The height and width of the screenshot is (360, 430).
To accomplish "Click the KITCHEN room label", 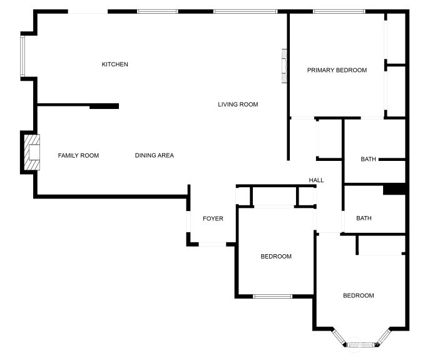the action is (115, 64).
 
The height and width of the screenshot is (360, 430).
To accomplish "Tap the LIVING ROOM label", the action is (238, 105).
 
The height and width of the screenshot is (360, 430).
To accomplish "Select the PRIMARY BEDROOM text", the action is (337, 70).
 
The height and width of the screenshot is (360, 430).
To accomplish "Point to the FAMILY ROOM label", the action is (78, 155).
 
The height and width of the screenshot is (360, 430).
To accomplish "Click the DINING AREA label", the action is (155, 155).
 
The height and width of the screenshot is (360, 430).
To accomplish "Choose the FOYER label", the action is (213, 219).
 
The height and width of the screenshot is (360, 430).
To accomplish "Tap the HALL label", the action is (316, 180).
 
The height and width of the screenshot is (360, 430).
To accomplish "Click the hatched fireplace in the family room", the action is (32, 152).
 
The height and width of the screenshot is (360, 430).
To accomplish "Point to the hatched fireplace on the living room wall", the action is (284, 66).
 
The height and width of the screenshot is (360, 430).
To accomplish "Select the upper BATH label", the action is (368, 159).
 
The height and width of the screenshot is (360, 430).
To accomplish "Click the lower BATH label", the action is (364, 218).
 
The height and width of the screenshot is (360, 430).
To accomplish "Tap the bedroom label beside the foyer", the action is (276, 256).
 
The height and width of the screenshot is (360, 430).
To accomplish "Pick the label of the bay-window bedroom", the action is (359, 296).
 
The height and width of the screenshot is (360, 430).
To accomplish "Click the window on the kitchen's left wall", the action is (23, 56).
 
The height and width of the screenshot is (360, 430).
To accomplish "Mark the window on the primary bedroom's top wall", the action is (339, 11).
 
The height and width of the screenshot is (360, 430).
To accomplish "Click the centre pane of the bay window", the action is (361, 344).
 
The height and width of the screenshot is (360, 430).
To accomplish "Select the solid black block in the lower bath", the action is (394, 189).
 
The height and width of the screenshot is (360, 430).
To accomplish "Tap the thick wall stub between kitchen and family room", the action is (104, 106).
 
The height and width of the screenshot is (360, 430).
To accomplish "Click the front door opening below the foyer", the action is (212, 244).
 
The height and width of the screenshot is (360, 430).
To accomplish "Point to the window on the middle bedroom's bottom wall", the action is (273, 296).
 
